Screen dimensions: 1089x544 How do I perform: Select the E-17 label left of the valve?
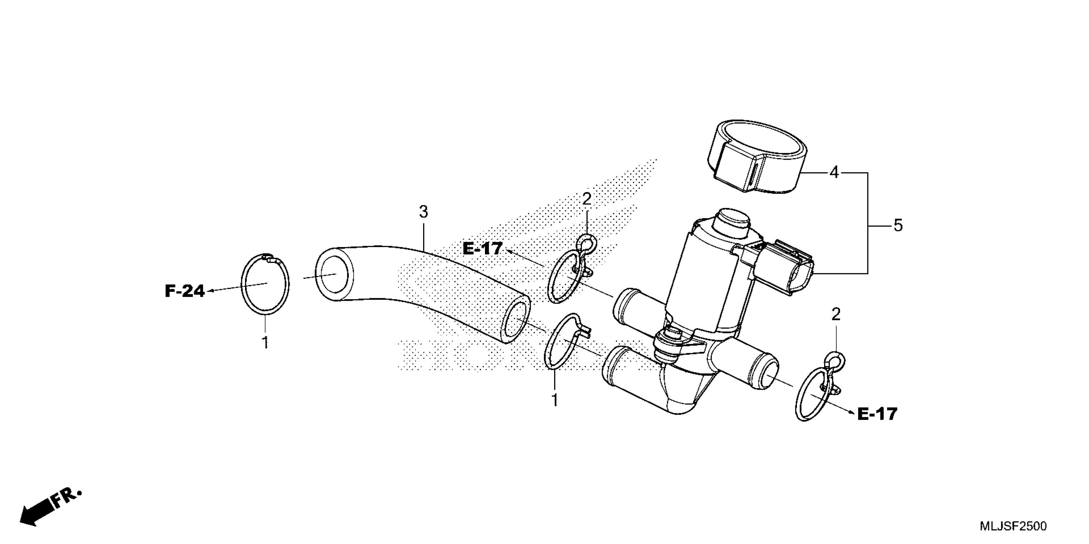click(482, 248)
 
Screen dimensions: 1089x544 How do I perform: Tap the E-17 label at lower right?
click(877, 414)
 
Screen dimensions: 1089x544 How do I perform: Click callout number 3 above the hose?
click(424, 212)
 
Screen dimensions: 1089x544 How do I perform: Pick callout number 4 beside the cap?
click(834, 172)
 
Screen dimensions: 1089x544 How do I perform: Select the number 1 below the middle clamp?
click(555, 400)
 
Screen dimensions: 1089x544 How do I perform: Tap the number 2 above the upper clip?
click(586, 199)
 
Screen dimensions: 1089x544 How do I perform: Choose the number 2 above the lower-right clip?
click(836, 315)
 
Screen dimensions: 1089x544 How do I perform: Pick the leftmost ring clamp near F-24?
click(265, 284)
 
